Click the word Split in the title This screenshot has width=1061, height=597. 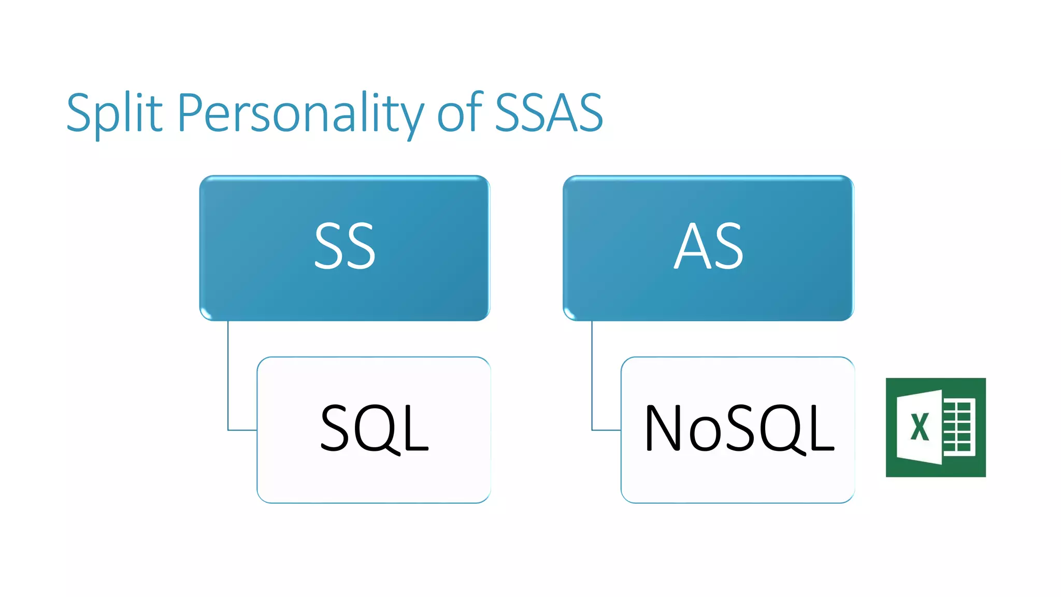114,113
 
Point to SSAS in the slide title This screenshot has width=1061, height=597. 549,113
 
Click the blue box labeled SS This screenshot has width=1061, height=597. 345,248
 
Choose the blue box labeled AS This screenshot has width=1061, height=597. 708,248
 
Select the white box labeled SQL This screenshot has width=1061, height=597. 374,429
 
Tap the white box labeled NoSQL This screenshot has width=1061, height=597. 738,429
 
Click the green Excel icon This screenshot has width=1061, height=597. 936,427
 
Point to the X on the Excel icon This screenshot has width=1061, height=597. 920,427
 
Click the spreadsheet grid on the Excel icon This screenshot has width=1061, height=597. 958,427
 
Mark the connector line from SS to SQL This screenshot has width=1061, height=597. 228,383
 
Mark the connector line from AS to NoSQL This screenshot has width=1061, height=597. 592,383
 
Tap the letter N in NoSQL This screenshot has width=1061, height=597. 663,428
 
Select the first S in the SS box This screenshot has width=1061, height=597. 329,247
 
